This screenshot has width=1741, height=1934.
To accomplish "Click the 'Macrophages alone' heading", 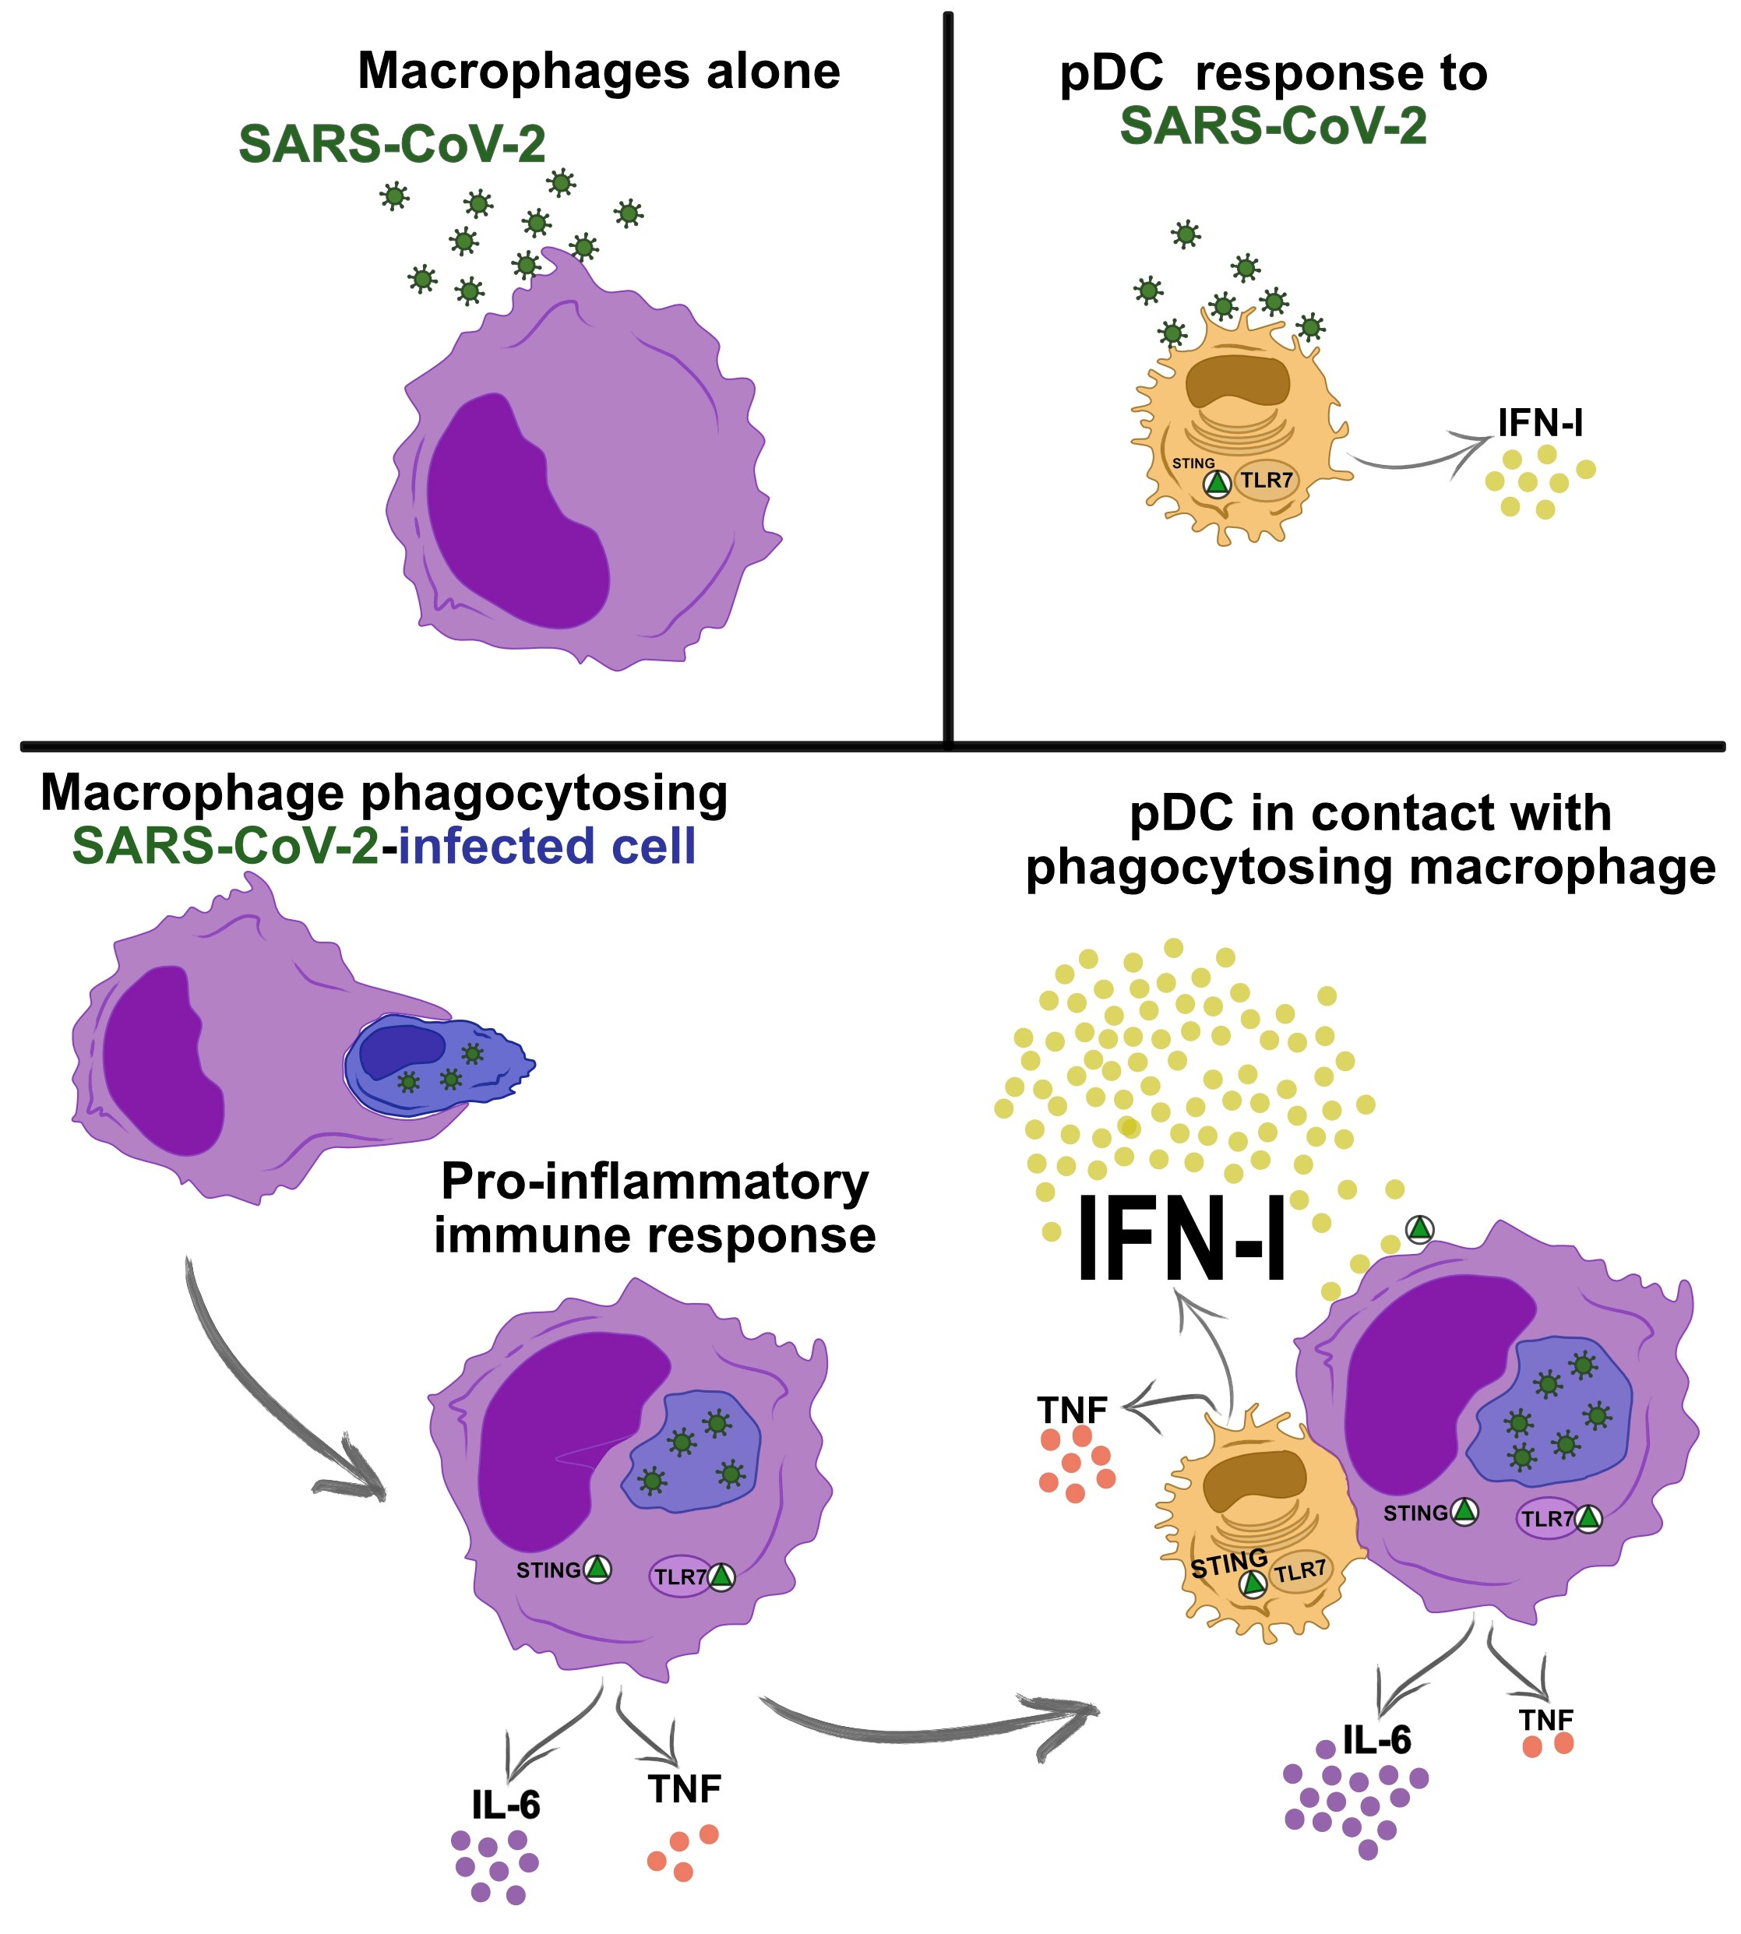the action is coord(599,72).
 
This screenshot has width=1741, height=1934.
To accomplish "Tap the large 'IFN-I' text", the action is coord(1182,1241).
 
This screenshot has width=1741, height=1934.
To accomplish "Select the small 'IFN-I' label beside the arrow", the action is coord(1540,422).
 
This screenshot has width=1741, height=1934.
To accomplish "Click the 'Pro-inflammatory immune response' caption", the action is coord(655,1208).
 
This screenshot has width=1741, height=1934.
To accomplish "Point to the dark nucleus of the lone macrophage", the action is coord(516,512).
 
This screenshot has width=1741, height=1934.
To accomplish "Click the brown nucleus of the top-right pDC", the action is coord(1239,380).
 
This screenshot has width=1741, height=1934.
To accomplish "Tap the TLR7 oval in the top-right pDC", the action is coord(1267,480).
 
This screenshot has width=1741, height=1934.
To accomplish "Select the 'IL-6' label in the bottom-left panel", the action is coord(506,1805).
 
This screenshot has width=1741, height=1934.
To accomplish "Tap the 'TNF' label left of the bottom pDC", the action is coord(1073,1410).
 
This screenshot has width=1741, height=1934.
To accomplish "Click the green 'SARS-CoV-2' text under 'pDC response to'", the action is coord(1273,125).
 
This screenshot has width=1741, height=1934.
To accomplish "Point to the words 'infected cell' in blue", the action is coord(547,846).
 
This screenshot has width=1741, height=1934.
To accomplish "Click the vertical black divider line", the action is coord(948,378).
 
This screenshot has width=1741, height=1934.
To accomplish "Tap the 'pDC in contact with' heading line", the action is coord(1371,814).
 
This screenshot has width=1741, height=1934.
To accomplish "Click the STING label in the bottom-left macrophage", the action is coord(548,1569).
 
